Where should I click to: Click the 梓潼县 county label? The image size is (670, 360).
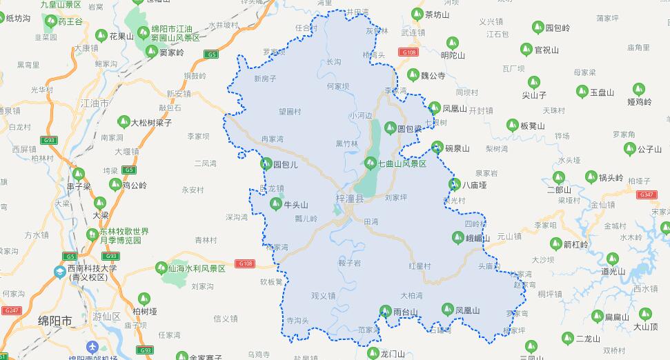pos(349,198)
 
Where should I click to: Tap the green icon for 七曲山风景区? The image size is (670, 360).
pos(370,163)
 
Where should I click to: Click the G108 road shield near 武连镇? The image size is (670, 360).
pos(408,52)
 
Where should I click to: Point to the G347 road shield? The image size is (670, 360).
pos(647,195)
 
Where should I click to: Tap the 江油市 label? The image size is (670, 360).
pos(95,103)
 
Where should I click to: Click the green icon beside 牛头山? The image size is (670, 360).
pos(275,204)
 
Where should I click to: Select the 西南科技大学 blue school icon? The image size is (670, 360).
pos(61,272)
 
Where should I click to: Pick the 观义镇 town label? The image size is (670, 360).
pos(323,296)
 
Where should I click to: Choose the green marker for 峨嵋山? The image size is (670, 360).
pos(457,238)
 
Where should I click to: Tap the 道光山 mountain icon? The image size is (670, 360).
pos(593,271)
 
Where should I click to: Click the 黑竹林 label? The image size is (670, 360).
pos(346,144)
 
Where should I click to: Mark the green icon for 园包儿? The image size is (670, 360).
pos(266,164)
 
